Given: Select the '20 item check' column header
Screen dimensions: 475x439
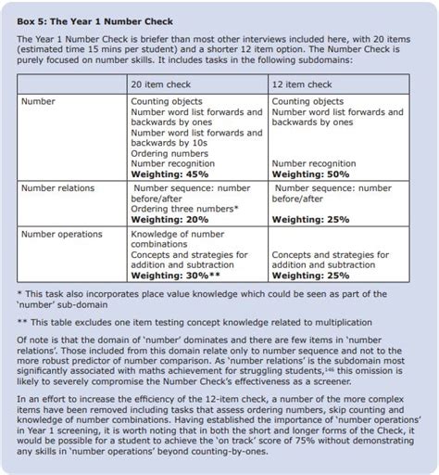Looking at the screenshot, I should coord(165,84).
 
